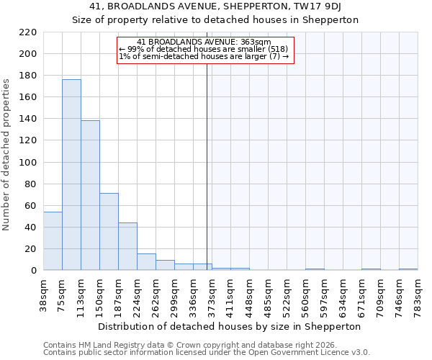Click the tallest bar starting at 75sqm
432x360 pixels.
[x=71, y=175]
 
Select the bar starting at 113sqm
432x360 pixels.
[x=90, y=195]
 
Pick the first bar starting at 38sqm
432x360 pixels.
[x=53, y=241]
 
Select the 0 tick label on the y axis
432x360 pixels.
[x=33, y=271]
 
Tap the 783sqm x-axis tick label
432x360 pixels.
[x=418, y=294]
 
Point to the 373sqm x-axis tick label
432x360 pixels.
[x=212, y=294]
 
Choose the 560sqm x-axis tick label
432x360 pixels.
[x=306, y=294]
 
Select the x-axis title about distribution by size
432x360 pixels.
[x=229, y=326]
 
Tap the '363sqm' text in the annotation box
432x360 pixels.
[x=257, y=42]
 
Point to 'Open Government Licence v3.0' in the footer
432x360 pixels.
[x=314, y=352]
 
